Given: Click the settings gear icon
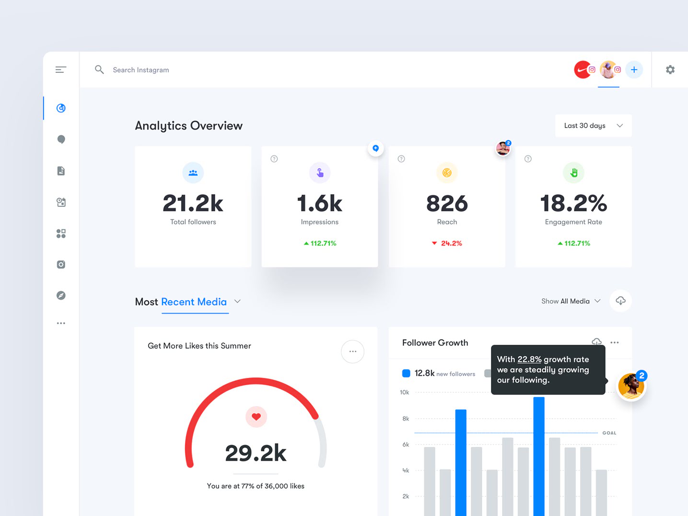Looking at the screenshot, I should pos(670,70).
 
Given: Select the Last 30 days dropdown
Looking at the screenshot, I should pos(593,126).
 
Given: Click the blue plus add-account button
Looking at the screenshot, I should pos(634,70).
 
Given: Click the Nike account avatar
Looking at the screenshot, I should pos(582,70).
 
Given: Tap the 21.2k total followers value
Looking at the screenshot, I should pos(193,203).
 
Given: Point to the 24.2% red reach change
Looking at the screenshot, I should pos(451,243).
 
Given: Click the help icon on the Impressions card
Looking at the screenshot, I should pos(274,159).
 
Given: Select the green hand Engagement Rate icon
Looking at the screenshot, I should pos(573,173).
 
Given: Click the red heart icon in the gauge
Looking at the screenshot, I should pos(256,417).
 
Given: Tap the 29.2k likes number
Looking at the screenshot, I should pos(256,453).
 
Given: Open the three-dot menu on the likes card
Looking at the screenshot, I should pos(352,352).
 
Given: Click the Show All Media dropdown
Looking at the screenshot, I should pos(571,301).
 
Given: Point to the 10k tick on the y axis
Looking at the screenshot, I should pos(404,392).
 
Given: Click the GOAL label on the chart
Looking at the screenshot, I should pos(609,433).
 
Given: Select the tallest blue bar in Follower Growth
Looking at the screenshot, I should pos(538,456).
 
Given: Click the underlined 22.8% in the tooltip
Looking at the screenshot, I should pos(529,359).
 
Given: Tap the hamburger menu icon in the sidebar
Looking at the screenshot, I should pos(61,70).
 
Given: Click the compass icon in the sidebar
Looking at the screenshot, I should pos(61,295).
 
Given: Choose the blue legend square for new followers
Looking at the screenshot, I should pos(406,373).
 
